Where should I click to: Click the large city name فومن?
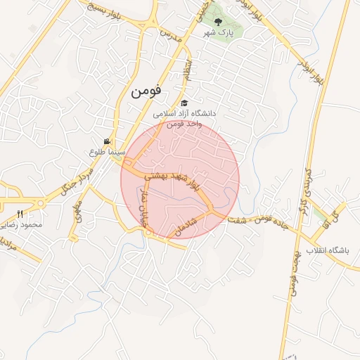[146, 90]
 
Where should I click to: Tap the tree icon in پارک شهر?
[217, 22]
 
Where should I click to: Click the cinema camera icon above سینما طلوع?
[107, 141]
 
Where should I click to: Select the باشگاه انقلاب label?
[327, 250]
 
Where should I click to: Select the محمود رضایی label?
[21, 225]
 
